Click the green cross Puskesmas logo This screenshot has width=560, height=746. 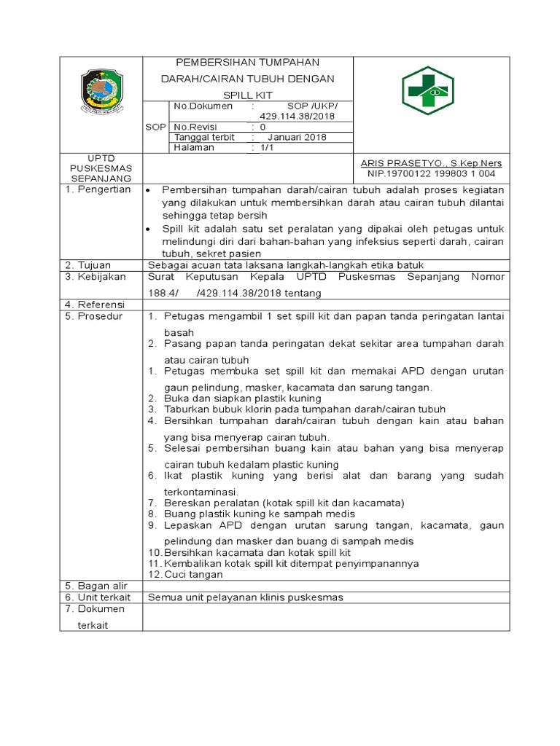tap(428, 90)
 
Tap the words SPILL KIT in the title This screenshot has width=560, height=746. tap(249, 95)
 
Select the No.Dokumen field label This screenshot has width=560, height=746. tap(203, 106)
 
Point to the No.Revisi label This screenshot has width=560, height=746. tap(197, 127)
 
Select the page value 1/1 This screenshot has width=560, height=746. tap(260, 147)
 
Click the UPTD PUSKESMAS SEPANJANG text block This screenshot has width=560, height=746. tap(102, 168)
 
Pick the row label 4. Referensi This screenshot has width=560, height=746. tap(96, 304)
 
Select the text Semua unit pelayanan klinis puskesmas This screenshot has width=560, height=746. tap(245, 597)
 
